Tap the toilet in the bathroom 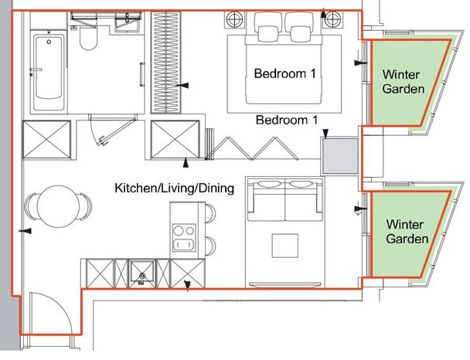coord(88,38)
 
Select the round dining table coord(58,207)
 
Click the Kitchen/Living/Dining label coord(174,188)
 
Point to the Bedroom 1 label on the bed coord(284,73)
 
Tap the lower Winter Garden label coord(407,232)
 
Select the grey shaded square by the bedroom coord(340,156)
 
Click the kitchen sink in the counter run coord(142,273)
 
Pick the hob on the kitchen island coord(184,238)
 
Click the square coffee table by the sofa coord(284,246)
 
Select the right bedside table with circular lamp coord(332,20)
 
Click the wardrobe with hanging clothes coord(165,63)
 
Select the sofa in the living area coord(284,202)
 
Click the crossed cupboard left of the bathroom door coord(46,139)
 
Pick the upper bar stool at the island coord(210,213)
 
